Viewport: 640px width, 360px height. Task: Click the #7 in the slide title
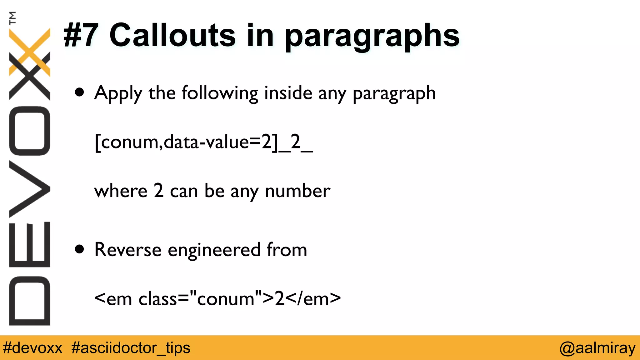81,35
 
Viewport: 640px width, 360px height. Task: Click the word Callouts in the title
172,35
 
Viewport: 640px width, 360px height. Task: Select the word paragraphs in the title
372,37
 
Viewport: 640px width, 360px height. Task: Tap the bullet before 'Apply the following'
80,92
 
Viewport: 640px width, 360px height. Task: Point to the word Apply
118,93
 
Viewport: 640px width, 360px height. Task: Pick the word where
121,191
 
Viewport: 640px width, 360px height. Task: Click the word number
297,191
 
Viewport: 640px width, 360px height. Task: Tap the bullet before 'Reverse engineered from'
80,249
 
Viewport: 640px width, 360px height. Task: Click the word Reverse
128,250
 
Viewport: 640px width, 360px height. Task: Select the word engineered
214,250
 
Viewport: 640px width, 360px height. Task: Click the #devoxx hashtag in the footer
32,348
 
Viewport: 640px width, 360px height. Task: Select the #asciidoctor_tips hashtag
131,348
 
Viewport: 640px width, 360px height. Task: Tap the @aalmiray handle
597,348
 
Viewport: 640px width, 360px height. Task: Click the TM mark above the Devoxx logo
12,18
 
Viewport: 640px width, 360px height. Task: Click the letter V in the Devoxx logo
30,189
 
